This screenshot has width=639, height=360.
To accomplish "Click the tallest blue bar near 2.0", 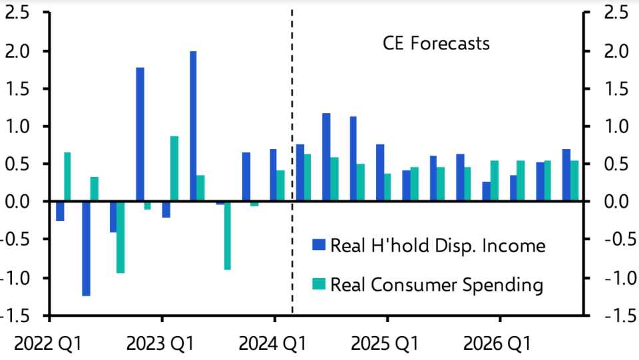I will coord(193,126).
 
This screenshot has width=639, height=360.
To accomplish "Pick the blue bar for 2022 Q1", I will coord(60,211).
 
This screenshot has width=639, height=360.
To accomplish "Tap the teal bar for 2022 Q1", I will coord(67,177).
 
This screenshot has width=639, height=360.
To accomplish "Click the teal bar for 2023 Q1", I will coord(174,169).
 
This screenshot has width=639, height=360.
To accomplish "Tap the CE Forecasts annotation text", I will coord(436,44).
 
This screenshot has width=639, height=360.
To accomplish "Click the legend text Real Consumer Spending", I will coord(437,285).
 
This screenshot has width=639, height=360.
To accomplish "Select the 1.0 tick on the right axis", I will coord(613,126).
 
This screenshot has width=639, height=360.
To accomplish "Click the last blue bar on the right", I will coord(566,175).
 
